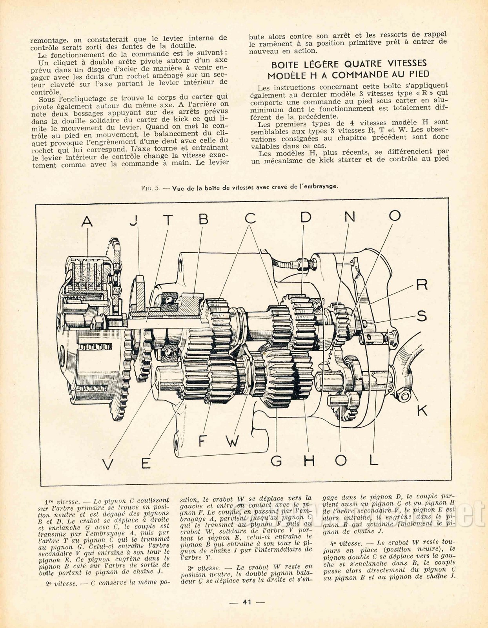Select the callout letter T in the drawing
click(168, 220)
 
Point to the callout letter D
click(306, 217)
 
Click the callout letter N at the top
click(349, 217)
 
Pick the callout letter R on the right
click(421, 284)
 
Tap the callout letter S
click(422, 316)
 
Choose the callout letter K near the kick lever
click(422, 410)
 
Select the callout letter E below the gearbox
click(146, 463)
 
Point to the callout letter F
click(203, 441)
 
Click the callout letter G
click(276, 461)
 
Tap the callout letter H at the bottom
click(310, 461)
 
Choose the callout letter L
click(373, 460)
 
